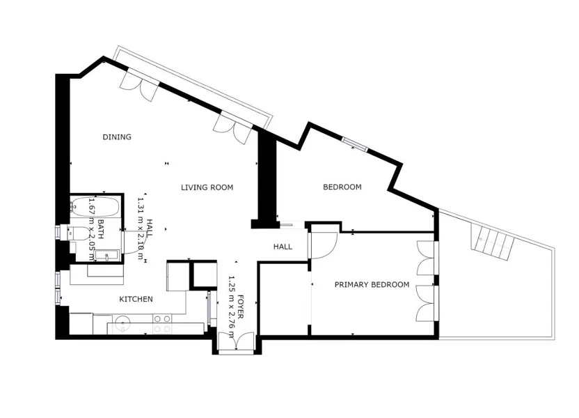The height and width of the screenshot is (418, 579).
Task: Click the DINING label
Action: [117, 137]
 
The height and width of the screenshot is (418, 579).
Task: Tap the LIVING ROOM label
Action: [207, 187]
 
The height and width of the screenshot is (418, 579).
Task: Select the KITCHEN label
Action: [136, 299]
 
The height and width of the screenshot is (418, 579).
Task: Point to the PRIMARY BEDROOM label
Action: [372, 284]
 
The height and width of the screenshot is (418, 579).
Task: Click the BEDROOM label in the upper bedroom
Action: [342, 187]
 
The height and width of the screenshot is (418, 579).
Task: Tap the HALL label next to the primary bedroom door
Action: [283, 247]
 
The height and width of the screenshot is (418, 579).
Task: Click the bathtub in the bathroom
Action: [95, 207]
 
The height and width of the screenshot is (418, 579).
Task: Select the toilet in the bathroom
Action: [79, 233]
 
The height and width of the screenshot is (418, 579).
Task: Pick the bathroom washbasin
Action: [107, 255]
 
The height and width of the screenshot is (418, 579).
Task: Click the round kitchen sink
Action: [121, 323]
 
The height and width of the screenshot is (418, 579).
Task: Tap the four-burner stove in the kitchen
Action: [162, 323]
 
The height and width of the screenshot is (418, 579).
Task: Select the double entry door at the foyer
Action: [236, 341]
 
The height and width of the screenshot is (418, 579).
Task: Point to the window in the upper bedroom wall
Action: [354, 144]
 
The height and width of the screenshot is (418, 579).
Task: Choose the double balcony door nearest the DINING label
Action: [141, 84]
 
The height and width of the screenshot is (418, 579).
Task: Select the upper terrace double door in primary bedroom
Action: [427, 258]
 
